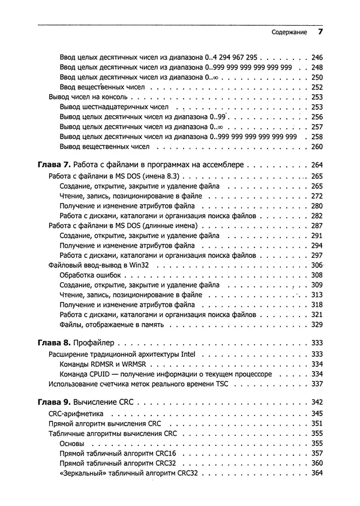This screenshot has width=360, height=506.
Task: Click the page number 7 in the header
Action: tap(320, 31)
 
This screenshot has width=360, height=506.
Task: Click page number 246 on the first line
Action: tap(317, 58)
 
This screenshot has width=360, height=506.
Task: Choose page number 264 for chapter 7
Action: tap(317, 165)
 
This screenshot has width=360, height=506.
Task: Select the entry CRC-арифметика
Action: tap(76, 414)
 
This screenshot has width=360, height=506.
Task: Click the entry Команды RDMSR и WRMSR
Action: tap(101, 364)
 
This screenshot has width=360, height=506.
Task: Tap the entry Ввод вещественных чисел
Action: tap(98, 87)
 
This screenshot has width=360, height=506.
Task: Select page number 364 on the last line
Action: tap(317, 473)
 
